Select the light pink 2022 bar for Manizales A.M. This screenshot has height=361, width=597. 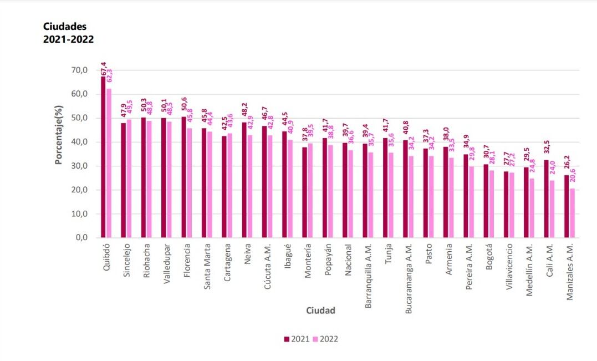click(572, 213)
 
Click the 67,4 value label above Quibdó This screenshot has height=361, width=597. click(104, 69)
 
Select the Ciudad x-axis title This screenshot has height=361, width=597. click(321, 311)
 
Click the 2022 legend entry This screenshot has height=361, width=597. click(325, 339)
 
